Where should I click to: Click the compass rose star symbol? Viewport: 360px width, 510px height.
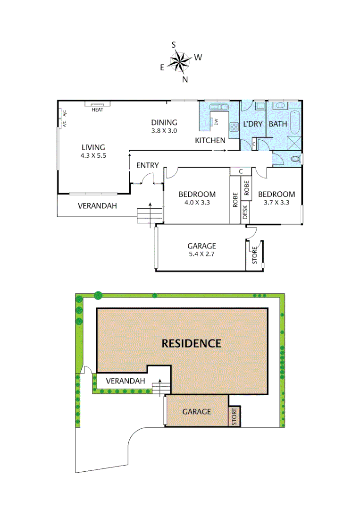[180, 61]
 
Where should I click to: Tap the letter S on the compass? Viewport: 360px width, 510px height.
[174, 44]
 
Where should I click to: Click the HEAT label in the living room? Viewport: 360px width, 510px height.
[98, 110]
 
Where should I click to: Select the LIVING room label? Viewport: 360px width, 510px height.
[92, 147]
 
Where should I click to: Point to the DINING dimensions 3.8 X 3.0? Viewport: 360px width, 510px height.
[164, 131]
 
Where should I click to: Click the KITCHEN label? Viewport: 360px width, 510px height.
[210, 140]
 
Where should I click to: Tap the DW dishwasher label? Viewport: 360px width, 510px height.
[216, 122]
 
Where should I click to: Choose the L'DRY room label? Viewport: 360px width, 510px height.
[252, 124]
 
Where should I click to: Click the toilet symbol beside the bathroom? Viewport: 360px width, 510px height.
[296, 159]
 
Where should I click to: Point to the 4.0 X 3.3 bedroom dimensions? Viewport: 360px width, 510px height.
[197, 203]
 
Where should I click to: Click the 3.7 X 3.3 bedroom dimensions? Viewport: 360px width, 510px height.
[276, 203]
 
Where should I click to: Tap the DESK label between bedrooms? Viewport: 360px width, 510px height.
[245, 213]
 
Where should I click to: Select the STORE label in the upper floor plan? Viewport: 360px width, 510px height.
[254, 255]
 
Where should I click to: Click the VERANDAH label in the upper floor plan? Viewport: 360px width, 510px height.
[97, 206]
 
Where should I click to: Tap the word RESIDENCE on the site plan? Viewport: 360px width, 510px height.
[191, 343]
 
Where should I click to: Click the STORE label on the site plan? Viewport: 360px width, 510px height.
[234, 416]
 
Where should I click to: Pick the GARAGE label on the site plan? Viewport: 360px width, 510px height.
[196, 411]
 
